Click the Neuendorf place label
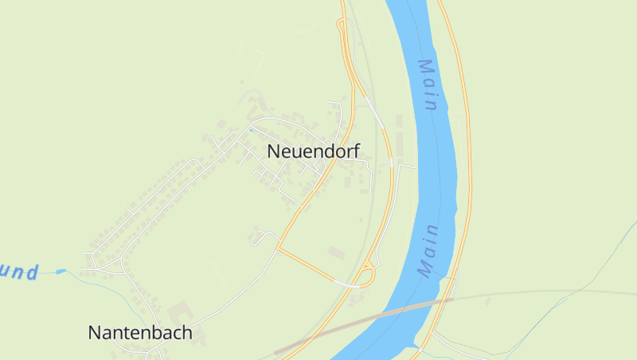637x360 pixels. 313,151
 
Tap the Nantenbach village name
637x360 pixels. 139,332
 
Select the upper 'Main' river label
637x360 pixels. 429,85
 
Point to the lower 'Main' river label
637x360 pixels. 429,250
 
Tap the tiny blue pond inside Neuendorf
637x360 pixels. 251,130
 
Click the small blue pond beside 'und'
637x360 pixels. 61,272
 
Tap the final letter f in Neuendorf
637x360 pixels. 356,150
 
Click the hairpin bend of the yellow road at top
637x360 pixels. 341,24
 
